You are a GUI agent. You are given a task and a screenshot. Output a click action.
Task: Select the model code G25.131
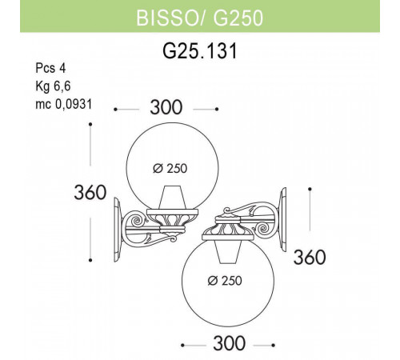click(199, 50)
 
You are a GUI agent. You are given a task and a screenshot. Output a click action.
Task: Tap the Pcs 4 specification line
click(50, 68)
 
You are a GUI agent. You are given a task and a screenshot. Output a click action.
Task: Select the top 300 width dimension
click(166, 108)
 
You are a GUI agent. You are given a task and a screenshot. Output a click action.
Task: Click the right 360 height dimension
click(310, 258)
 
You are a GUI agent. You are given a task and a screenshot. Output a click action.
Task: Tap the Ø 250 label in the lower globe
click(226, 280)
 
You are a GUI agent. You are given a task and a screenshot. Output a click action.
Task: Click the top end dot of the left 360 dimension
click(91, 124)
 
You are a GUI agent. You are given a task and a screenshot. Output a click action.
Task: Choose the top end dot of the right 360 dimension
click(310, 190)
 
